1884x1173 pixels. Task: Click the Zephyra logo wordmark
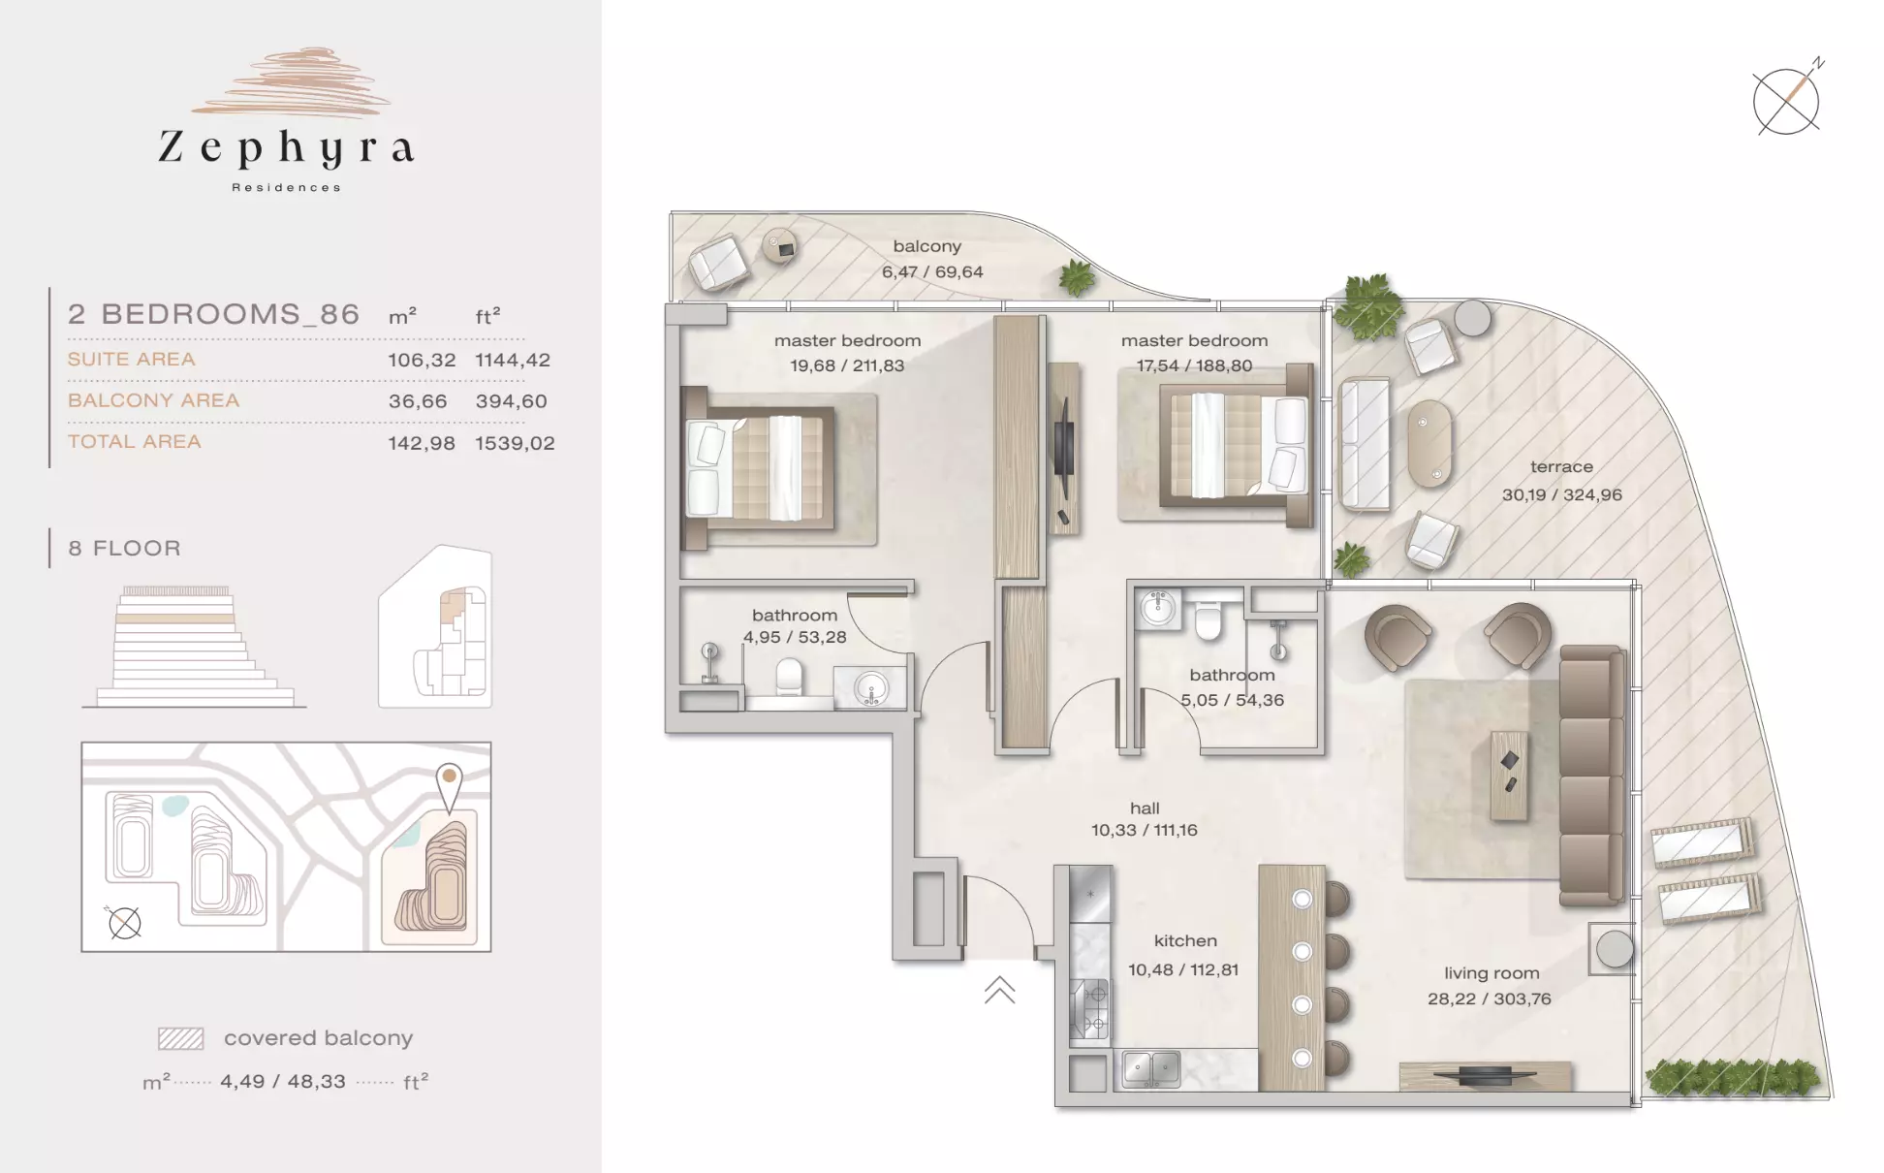click(287, 148)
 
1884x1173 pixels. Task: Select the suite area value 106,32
click(422, 360)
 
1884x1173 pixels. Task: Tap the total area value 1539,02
click(515, 443)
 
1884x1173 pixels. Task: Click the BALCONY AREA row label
click(153, 400)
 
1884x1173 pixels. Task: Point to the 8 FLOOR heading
click(124, 549)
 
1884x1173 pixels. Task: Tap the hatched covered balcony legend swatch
click(181, 1039)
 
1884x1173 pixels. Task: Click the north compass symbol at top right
click(1787, 100)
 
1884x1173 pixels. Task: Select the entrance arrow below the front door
click(999, 990)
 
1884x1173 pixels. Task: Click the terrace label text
click(1561, 466)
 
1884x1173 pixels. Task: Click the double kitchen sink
click(1150, 1069)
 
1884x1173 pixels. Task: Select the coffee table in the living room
click(1509, 776)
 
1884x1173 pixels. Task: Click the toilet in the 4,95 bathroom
click(790, 678)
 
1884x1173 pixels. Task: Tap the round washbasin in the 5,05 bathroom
click(1157, 608)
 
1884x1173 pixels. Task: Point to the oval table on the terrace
click(1429, 443)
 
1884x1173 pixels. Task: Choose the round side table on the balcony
click(781, 247)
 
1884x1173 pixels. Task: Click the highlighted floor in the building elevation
click(175, 618)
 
